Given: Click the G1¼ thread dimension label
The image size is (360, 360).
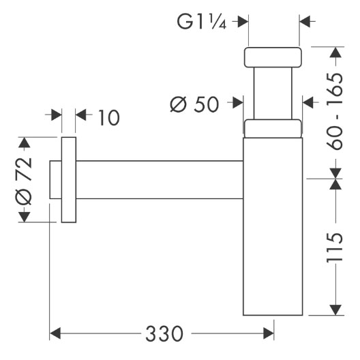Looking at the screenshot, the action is point(202,22).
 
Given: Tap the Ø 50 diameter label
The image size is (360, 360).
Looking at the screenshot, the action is point(194,104).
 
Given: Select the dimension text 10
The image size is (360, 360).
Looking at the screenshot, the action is point(109,117).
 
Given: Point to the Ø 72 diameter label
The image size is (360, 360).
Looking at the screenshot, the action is point(23,181).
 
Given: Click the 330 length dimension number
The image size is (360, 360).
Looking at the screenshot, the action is point(164,333).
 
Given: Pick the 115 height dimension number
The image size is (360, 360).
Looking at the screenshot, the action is point(335,247).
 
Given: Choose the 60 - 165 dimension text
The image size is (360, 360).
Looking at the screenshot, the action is point(335,111).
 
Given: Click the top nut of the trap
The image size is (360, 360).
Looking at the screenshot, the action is point(273,57).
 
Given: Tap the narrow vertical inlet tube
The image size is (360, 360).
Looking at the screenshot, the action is point(273,93).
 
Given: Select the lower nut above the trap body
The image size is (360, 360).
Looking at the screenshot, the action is point(273,129).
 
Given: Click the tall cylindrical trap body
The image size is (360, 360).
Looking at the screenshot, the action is point(273,226).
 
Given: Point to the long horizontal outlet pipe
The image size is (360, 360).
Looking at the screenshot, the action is point(160,180).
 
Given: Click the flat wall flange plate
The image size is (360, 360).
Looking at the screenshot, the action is point(69,180).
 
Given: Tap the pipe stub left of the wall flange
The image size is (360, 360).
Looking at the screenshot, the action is point(55,180).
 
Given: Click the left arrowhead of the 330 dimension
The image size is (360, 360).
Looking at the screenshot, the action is point(55,333).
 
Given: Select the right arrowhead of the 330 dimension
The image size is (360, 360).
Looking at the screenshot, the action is point(269,333).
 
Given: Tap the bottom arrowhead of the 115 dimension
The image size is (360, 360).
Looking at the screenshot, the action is point(335,310).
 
